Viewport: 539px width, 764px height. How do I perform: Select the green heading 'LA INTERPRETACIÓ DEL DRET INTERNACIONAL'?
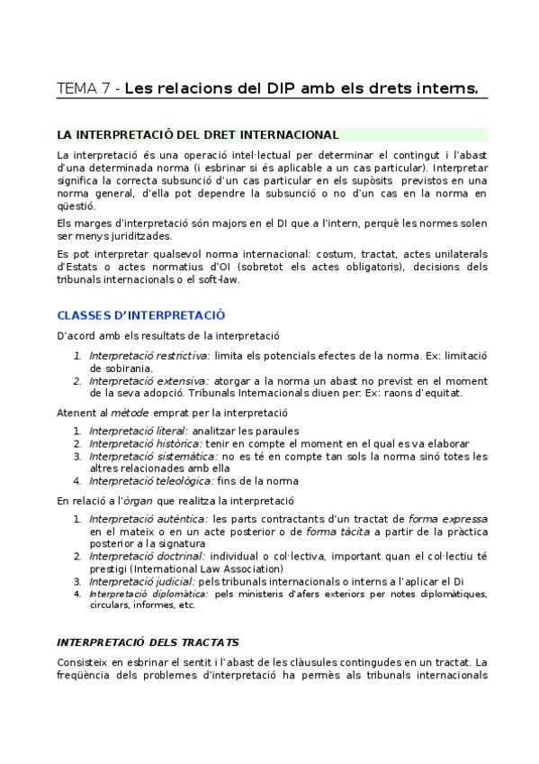(x=198, y=135)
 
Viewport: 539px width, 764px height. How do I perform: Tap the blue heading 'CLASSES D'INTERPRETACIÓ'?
(x=140, y=315)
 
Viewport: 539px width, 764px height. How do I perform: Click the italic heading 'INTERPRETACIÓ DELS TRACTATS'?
(x=148, y=642)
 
